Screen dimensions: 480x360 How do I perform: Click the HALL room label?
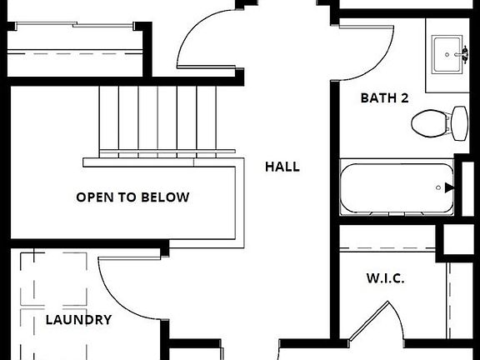(282, 167)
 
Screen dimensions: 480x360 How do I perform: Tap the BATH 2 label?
(384, 98)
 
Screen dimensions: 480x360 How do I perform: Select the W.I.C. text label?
(385, 278)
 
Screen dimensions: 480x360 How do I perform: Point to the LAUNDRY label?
(78, 320)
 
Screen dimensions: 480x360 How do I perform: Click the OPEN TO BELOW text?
(132, 197)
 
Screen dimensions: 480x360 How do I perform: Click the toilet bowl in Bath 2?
(431, 123)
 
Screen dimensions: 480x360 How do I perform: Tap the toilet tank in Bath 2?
(460, 123)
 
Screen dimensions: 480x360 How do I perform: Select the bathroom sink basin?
(446, 55)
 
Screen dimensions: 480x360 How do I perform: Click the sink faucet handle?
(465, 54)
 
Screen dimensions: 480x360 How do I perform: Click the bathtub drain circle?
(438, 187)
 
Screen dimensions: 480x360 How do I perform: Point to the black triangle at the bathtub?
(449, 187)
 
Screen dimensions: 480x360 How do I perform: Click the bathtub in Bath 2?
(397, 187)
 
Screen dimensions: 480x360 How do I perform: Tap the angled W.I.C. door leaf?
(369, 321)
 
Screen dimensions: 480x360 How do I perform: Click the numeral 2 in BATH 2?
(404, 98)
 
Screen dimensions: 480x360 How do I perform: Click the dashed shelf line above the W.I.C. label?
(387, 248)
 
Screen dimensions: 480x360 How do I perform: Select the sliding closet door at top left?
(74, 24)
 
